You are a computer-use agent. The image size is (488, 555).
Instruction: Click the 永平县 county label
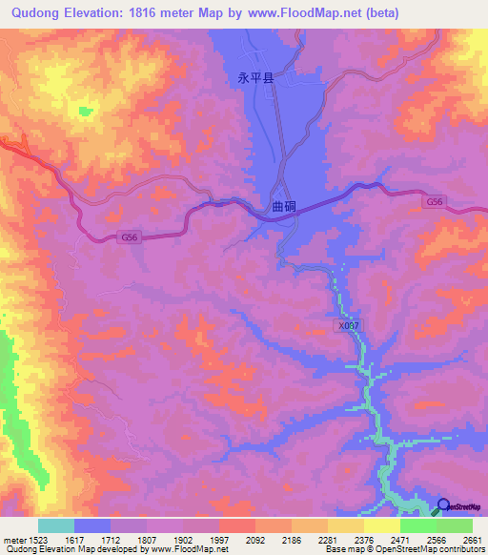[254, 80]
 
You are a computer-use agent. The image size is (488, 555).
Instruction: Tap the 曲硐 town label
[283, 205]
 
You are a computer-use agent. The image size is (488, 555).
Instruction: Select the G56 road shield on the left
[130, 236]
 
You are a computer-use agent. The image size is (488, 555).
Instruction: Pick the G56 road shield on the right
[435, 202]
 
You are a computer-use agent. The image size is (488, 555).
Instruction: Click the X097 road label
[349, 325]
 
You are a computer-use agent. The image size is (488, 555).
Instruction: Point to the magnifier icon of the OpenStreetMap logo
[444, 507]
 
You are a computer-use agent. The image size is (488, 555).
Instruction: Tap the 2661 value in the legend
[472, 539]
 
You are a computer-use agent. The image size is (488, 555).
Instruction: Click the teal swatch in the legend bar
[56, 525]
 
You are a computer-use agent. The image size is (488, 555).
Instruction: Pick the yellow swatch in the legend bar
[381, 525]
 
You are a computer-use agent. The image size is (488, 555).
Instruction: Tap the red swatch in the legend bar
[237, 525]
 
